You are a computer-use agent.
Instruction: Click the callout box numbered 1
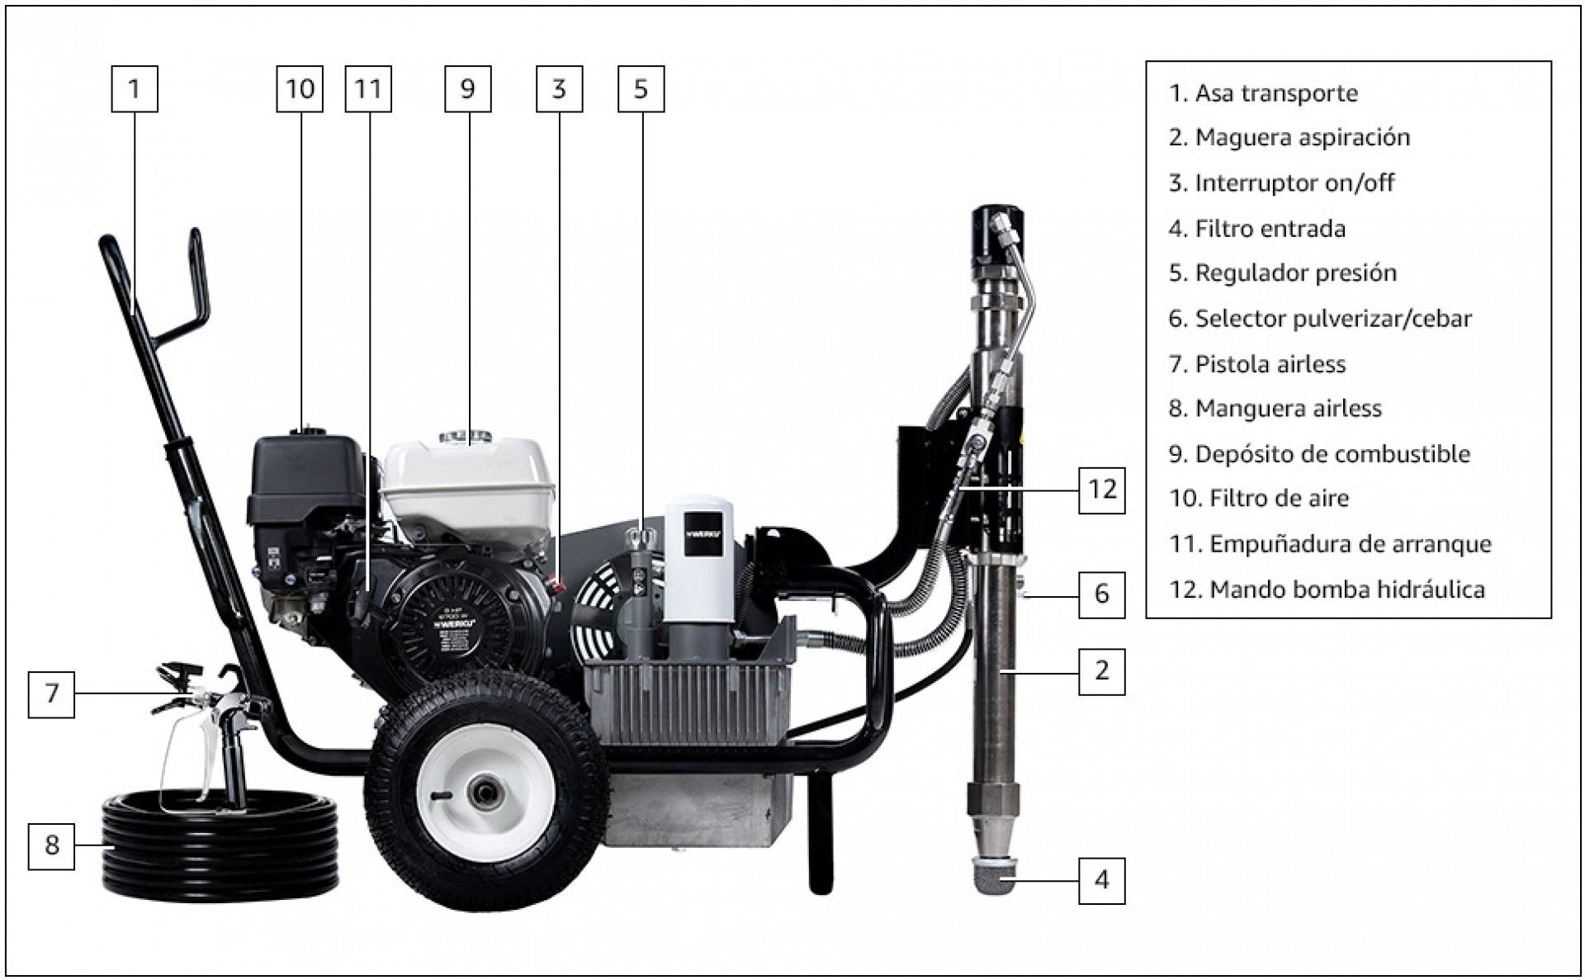135,88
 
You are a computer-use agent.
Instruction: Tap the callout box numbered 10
300,88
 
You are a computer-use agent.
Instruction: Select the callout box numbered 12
1102,490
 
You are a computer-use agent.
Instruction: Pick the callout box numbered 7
51,694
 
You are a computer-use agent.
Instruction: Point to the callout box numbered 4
1102,880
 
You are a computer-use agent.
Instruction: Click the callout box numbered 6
1102,594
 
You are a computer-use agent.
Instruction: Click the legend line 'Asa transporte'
1263,93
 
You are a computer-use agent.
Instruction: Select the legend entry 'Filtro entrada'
1257,229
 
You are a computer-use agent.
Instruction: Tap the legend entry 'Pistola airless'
1257,364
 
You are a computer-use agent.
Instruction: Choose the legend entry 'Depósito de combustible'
1319,454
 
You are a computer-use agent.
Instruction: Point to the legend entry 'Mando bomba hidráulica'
1327,589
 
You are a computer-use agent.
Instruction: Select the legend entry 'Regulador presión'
1283,273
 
